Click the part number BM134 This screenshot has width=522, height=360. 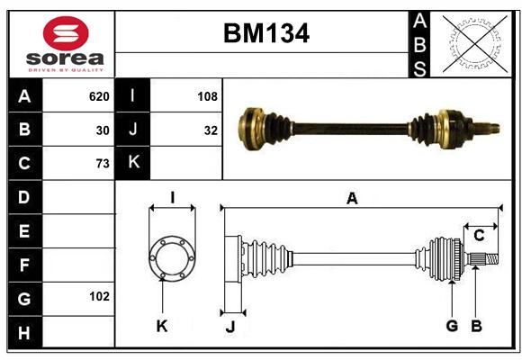pyautogui.click(x=266, y=33)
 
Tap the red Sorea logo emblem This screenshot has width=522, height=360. pyautogui.click(x=66, y=33)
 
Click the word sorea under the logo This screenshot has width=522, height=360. pyautogui.click(x=65, y=58)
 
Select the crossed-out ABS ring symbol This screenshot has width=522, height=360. pyautogui.click(x=475, y=43)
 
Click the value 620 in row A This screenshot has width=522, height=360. pyautogui.click(x=99, y=96)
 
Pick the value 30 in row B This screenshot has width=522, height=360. pyautogui.click(x=103, y=130)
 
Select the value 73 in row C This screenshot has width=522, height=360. pyautogui.click(x=103, y=164)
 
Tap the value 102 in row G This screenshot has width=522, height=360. pyautogui.click(x=99, y=296)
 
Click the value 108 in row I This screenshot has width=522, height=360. pyautogui.click(x=207, y=96)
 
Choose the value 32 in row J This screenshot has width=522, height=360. pyautogui.click(x=211, y=130)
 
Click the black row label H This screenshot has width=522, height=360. pyautogui.click(x=25, y=332)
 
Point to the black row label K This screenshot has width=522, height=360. pyautogui.click(x=133, y=163)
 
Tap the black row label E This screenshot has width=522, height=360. pyautogui.click(x=25, y=230)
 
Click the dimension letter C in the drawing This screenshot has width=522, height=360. pyautogui.click(x=479, y=236)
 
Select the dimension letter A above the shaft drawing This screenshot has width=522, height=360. pyautogui.click(x=352, y=199)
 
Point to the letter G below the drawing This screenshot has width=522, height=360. pyautogui.click(x=452, y=326)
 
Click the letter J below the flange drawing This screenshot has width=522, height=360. pyautogui.click(x=230, y=327)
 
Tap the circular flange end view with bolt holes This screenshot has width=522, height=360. pyautogui.click(x=172, y=258)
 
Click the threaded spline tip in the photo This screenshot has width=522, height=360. pyautogui.click(x=486, y=128)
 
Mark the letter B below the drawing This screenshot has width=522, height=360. pyautogui.click(x=476, y=326)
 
